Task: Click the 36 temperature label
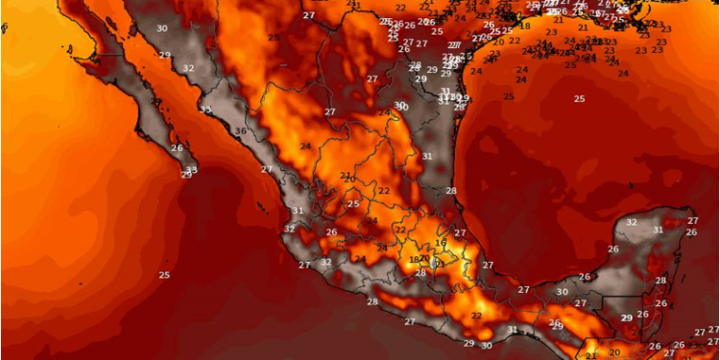click(240, 132)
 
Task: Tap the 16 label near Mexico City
click(441, 244)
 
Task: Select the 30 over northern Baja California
click(161, 29)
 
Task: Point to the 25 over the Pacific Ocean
click(164, 276)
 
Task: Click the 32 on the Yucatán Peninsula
click(631, 222)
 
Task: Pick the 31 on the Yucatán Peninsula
click(658, 229)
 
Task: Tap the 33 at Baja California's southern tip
click(192, 170)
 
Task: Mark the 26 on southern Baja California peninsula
click(177, 148)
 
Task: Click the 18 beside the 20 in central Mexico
click(414, 260)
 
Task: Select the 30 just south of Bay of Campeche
click(562, 292)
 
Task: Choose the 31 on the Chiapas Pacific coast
click(512, 329)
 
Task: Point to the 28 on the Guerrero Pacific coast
click(372, 302)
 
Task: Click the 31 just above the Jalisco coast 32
click(298, 211)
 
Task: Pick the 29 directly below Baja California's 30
click(164, 55)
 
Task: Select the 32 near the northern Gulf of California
click(188, 68)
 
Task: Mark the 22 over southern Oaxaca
click(477, 316)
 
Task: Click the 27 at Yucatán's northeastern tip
click(692, 221)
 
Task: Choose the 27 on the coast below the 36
click(266, 169)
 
